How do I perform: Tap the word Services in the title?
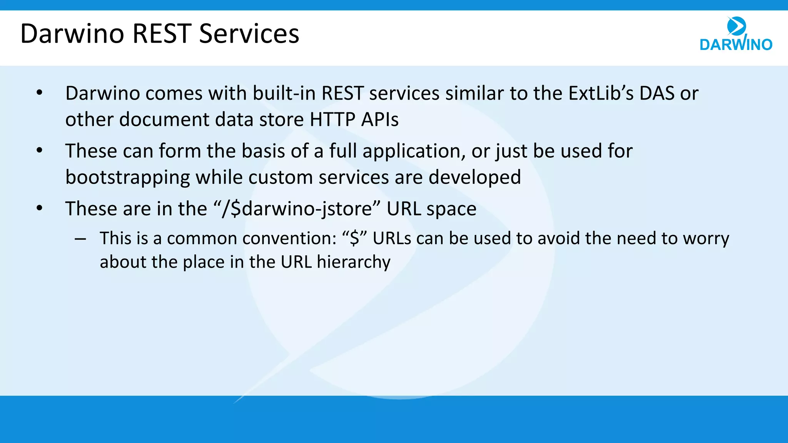tap(249, 34)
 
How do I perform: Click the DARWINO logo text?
tap(736, 45)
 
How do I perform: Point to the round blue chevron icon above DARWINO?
tap(736, 26)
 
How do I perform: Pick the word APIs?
tap(380, 120)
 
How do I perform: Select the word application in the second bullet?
tap(411, 151)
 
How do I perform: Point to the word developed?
tap(475, 178)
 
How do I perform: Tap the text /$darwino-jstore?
tap(297, 209)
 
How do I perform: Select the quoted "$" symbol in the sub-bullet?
tap(354, 238)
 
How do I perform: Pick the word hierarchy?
tap(354, 262)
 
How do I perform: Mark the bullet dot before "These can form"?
tap(39, 151)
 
